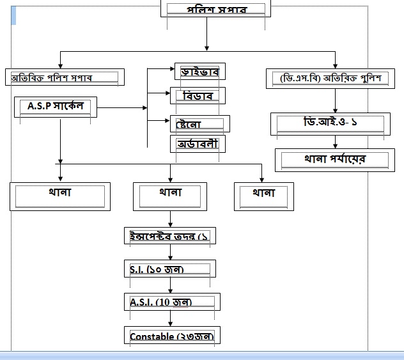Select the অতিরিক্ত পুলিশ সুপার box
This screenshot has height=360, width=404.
[65, 78]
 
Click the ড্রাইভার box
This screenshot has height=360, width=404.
[201, 72]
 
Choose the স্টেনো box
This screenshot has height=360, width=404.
[199, 123]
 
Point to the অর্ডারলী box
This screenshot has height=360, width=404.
[198, 144]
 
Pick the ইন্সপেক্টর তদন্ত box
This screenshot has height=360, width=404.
[169, 236]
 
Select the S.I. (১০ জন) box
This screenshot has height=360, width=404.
[170, 269]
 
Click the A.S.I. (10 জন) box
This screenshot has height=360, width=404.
[172, 302]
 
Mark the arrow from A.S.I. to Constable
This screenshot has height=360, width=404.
[170, 318]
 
